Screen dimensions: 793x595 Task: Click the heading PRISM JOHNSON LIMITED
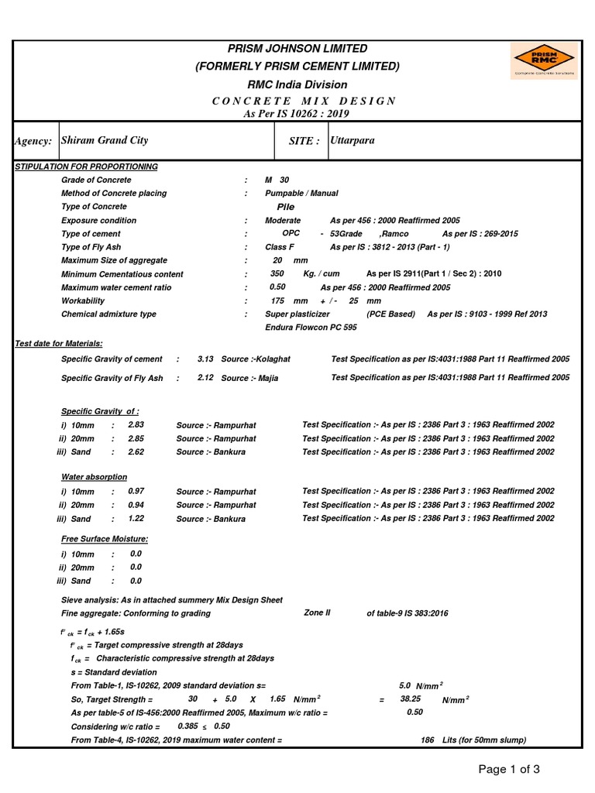click(297, 48)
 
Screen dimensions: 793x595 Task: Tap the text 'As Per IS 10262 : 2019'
click(297, 114)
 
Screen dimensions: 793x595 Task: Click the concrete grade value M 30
click(277, 180)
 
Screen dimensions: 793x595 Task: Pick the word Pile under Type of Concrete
click(286, 208)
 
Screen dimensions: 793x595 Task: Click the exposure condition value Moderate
click(283, 221)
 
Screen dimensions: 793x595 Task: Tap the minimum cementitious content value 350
click(277, 274)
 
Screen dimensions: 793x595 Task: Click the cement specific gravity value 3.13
click(205, 359)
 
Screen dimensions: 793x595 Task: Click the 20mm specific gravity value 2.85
click(136, 438)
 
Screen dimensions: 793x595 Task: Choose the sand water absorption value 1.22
click(136, 519)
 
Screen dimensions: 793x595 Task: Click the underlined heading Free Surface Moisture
click(105, 538)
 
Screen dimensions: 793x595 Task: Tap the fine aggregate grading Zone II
click(317, 613)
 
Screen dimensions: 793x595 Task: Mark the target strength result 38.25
click(410, 699)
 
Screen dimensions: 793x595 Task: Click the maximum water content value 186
click(427, 740)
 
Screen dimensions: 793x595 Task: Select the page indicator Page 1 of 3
click(508, 769)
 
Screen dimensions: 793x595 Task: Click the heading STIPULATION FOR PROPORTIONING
click(87, 166)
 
